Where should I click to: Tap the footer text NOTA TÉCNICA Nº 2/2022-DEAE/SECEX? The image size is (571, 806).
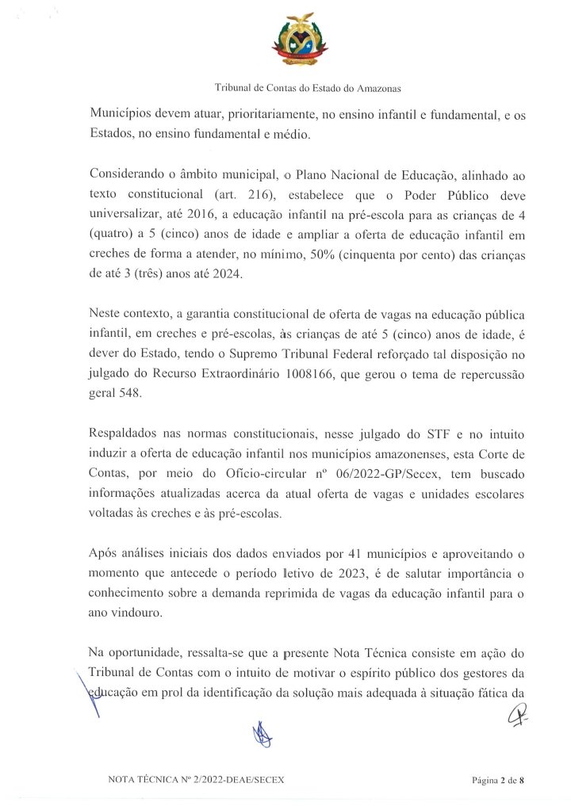tap(195, 781)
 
